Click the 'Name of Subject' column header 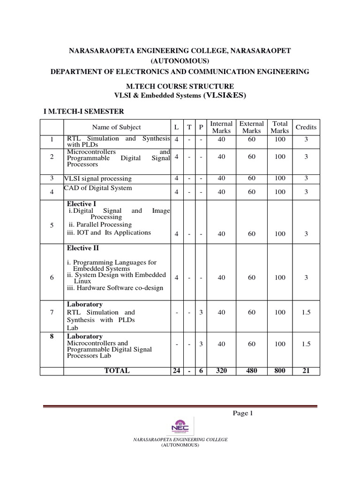pyautogui.click(x=116, y=127)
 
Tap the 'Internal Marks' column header pyautogui.click(x=222, y=127)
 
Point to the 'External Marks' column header pyautogui.click(x=252, y=127)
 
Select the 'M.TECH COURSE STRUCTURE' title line pyautogui.click(x=180, y=86)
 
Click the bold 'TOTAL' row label pyautogui.click(x=117, y=370)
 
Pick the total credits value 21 pyautogui.click(x=306, y=370)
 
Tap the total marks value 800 pyautogui.click(x=280, y=370)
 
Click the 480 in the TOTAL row pyautogui.click(x=252, y=370)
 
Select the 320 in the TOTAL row pyautogui.click(x=222, y=370)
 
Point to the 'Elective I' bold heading pyautogui.click(x=82, y=204)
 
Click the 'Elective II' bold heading pyautogui.click(x=83, y=248)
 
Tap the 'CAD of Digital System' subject pyautogui.click(x=98, y=188)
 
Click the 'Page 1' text pyautogui.click(x=243, y=413)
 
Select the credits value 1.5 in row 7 pyautogui.click(x=306, y=312)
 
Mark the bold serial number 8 pyautogui.click(x=52, y=337)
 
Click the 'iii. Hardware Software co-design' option pyautogui.click(x=115, y=288)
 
